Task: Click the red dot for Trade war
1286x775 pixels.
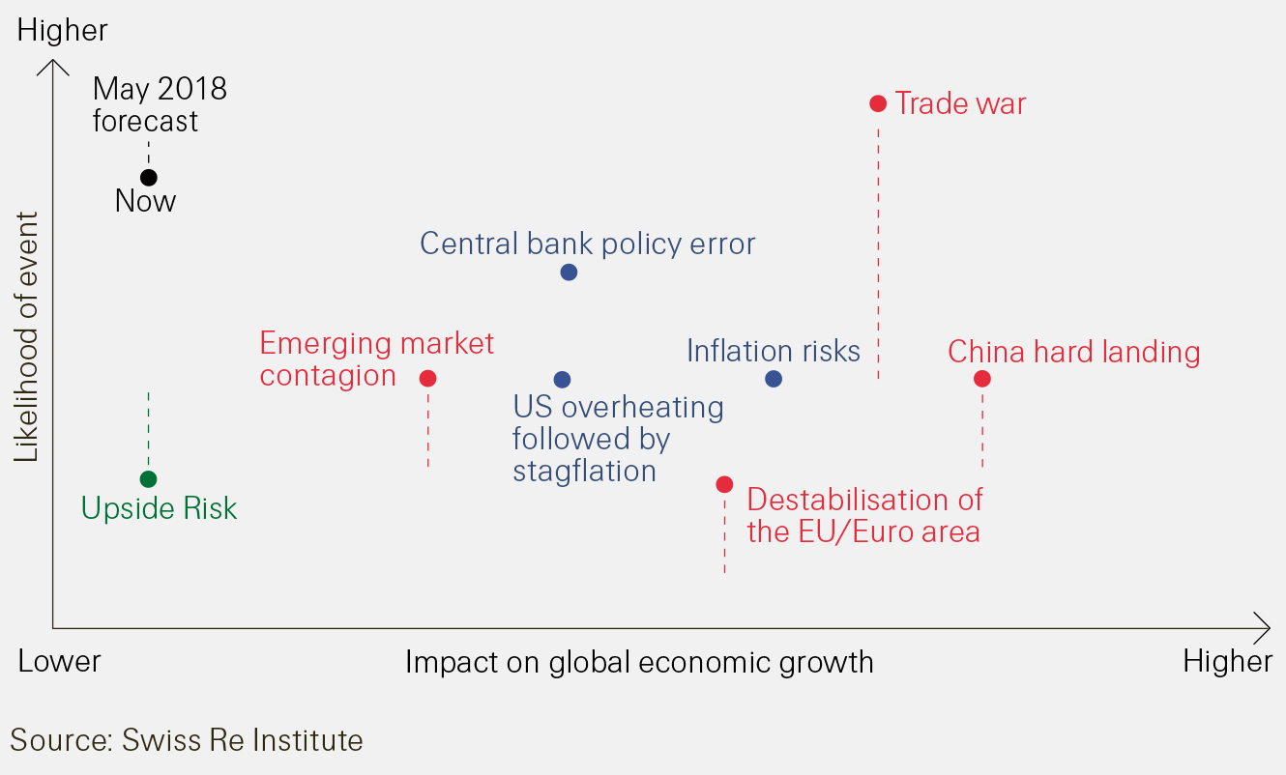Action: pyautogui.click(x=878, y=103)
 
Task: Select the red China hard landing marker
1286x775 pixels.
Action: pyautogui.click(x=982, y=379)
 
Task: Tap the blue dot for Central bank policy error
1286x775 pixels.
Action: pyautogui.click(x=569, y=273)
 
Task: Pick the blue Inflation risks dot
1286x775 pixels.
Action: pyautogui.click(x=773, y=379)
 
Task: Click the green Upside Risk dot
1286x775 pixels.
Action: pyautogui.click(x=148, y=479)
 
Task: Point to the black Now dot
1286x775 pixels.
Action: pyautogui.click(x=148, y=178)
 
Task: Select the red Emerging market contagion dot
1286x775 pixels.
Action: pyautogui.click(x=427, y=379)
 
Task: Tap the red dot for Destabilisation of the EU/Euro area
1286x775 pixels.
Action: pyautogui.click(x=724, y=484)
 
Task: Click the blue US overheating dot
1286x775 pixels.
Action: pyautogui.click(x=562, y=380)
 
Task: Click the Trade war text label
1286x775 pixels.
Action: pyautogui.click(x=960, y=103)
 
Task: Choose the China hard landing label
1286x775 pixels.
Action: pyautogui.click(x=1073, y=352)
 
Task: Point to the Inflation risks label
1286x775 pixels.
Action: pyautogui.click(x=773, y=351)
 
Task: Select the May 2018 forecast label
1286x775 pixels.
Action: pyautogui.click(x=160, y=104)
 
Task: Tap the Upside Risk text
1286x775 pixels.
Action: pyautogui.click(x=159, y=508)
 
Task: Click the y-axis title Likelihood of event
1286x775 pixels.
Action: pyautogui.click(x=27, y=336)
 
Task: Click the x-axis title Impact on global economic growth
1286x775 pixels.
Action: pyautogui.click(x=639, y=662)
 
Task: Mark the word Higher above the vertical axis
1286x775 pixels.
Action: pyautogui.click(x=63, y=30)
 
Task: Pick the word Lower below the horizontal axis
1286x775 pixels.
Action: pyautogui.click(x=60, y=661)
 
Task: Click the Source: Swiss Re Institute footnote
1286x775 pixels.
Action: pyautogui.click(x=187, y=740)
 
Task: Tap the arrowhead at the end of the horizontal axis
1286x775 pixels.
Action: pyautogui.click(x=1264, y=628)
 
